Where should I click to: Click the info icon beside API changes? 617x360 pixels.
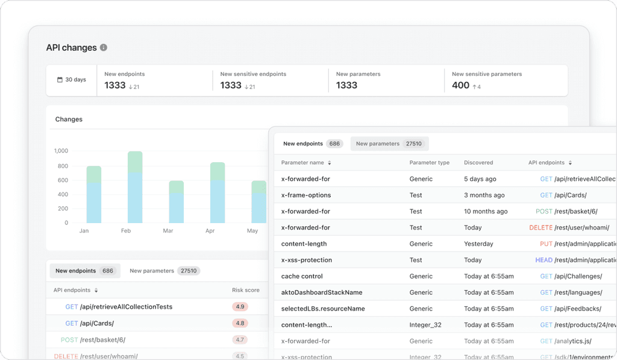coord(104,48)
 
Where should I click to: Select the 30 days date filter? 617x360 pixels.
coord(71,80)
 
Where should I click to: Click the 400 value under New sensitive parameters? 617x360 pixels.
coord(460,86)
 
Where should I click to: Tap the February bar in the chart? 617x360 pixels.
coord(135,187)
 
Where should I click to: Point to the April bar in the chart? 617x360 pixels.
coord(218,193)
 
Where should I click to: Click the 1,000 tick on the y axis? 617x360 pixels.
coord(61,151)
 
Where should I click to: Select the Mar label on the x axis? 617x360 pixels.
coord(168,231)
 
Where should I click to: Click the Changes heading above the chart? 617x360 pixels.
coord(69,119)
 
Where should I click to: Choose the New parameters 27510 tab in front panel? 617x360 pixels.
coord(389,144)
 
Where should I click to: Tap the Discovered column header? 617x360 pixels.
coord(478,163)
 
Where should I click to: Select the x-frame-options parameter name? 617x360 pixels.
coord(306,195)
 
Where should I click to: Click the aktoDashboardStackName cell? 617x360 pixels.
coord(322,292)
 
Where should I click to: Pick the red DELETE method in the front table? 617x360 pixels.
coord(540,228)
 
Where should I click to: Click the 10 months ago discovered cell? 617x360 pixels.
coord(486,212)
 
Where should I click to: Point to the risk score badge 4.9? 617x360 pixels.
coord(240,307)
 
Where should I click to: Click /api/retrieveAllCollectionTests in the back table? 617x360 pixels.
coord(127,307)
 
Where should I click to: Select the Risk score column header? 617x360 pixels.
coord(246,290)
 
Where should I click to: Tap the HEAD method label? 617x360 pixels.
coord(543,261)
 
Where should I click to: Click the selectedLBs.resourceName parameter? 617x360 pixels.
coord(322,309)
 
